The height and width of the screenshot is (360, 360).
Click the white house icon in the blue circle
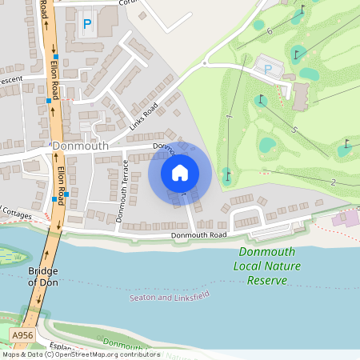(x=180, y=172)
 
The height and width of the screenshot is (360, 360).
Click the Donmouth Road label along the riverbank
(x=198, y=235)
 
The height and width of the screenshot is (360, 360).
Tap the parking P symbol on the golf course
(x=267, y=69)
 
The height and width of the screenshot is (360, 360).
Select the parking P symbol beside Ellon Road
(x=86, y=25)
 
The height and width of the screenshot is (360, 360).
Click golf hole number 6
(x=270, y=30)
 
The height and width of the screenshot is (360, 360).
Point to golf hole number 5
(x=294, y=130)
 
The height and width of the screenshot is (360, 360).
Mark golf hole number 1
(x=229, y=117)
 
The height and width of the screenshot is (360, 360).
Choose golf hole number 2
(x=333, y=182)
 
